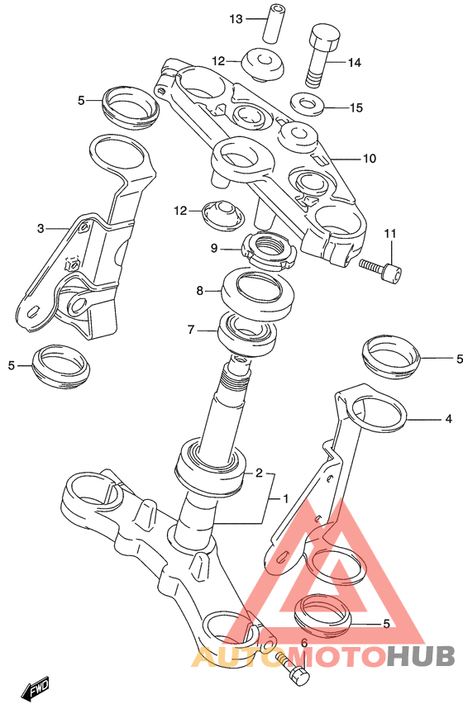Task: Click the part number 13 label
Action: [x=236, y=19]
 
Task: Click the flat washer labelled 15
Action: [x=307, y=104]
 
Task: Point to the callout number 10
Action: [x=370, y=159]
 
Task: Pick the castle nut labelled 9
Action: [x=269, y=250]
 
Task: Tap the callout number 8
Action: [x=200, y=291]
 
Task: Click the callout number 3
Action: [x=41, y=229]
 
